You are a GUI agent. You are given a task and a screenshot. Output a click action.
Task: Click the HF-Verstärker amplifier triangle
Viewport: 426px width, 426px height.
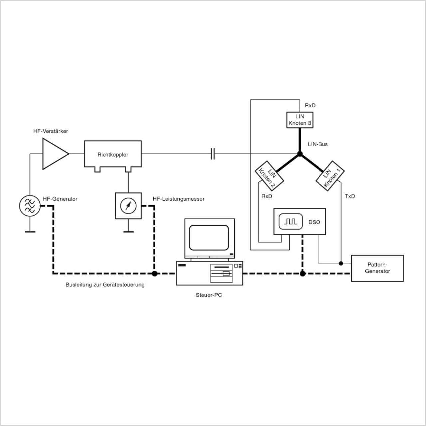pyautogui.click(x=54, y=154)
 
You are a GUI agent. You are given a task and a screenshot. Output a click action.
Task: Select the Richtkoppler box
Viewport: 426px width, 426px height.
pyautogui.click(x=113, y=154)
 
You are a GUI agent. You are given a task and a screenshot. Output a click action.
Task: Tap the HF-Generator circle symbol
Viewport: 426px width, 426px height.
pyautogui.click(x=30, y=206)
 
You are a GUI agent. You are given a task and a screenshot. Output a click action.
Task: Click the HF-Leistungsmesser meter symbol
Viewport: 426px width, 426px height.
pyautogui.click(x=128, y=206)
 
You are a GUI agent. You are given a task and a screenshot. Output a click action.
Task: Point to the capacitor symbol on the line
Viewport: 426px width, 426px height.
pyautogui.click(x=213, y=154)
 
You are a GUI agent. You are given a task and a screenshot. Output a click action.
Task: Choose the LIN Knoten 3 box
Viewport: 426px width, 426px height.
pyautogui.click(x=300, y=120)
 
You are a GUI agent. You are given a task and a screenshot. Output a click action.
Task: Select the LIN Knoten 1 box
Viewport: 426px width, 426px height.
pyautogui.click(x=330, y=176)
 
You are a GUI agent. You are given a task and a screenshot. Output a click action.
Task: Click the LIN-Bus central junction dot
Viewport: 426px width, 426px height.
pyautogui.click(x=300, y=154)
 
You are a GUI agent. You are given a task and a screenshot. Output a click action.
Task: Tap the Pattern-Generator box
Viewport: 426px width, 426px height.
pyautogui.click(x=377, y=268)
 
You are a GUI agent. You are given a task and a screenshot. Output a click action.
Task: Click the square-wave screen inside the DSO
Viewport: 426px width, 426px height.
pyautogui.click(x=290, y=221)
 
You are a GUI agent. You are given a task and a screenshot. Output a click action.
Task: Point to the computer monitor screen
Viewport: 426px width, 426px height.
pyautogui.click(x=209, y=238)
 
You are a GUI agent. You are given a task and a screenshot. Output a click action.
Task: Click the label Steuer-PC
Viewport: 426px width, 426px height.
pyautogui.click(x=209, y=295)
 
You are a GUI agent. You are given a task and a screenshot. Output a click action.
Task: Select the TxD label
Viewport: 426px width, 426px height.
pyautogui.click(x=350, y=196)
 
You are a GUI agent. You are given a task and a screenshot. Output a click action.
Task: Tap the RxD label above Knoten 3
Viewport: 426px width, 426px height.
pyautogui.click(x=310, y=106)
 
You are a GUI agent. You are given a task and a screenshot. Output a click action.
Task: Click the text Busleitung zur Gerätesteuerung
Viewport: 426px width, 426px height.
pyautogui.click(x=105, y=285)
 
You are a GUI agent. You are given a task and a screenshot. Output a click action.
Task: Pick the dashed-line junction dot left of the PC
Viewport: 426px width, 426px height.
pyautogui.click(x=154, y=274)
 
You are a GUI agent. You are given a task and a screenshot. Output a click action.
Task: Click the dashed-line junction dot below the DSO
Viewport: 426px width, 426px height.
pyautogui.click(x=302, y=274)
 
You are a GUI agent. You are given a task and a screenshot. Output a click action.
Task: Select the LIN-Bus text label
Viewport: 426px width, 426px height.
pyautogui.click(x=318, y=144)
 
